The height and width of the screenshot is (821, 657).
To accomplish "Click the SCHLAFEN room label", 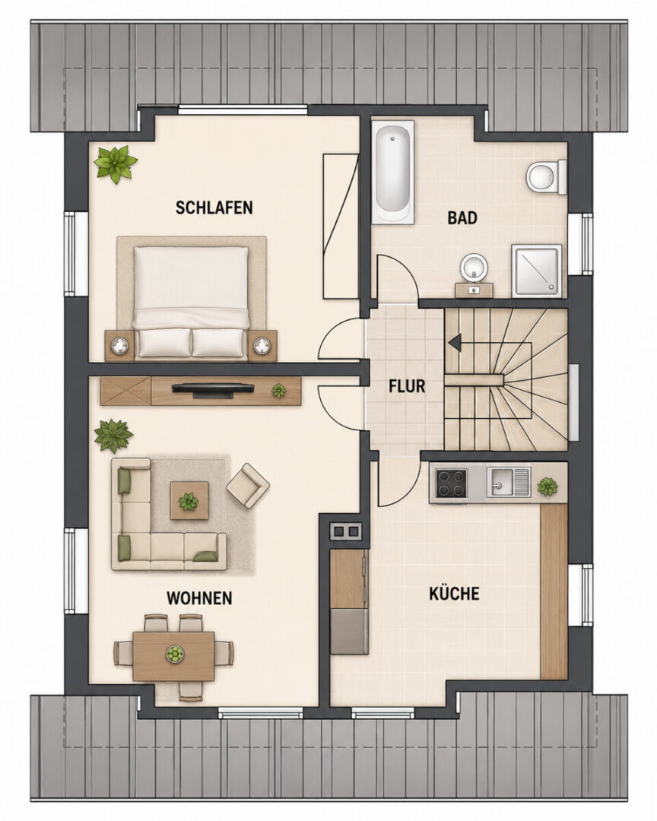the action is [x=214, y=208].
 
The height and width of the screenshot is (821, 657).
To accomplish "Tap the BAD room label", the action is [x=462, y=217].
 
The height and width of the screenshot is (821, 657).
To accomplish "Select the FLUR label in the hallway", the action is [x=407, y=386].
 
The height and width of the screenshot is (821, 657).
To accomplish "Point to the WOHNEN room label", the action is [x=199, y=598].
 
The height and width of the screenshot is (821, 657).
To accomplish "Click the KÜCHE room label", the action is [x=454, y=593].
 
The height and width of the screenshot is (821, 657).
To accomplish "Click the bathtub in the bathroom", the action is [x=392, y=173].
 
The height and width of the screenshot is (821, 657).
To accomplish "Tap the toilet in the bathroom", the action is [x=547, y=177].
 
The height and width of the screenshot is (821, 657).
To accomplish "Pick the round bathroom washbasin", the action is [x=474, y=267].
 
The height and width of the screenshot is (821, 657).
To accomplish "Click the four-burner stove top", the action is [x=452, y=483].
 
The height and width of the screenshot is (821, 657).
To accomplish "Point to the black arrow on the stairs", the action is [x=455, y=342].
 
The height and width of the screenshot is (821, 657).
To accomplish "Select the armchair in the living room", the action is [x=248, y=485].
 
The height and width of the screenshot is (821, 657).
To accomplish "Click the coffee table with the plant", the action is [x=189, y=500].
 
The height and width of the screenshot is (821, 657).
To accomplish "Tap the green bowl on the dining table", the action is [x=174, y=653].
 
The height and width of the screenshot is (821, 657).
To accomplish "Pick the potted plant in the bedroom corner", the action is [x=116, y=164].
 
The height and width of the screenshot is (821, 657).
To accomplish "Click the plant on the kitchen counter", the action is [x=547, y=487].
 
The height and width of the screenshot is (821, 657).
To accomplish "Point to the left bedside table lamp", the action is [x=119, y=345].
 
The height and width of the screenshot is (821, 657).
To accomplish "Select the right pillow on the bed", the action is [x=218, y=342].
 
